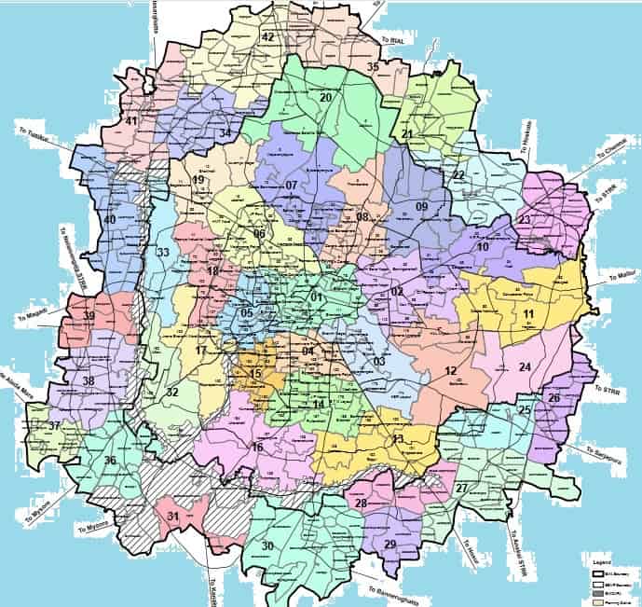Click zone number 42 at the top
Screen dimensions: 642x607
pos(268,37)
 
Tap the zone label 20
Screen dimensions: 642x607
pos(326,98)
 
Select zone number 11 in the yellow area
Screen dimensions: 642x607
pos(528,315)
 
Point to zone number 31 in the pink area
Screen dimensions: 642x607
pos(172,516)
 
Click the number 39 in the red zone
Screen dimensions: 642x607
pos(89,317)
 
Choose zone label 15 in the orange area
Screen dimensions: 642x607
pos(256,374)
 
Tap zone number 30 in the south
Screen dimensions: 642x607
pos(268,546)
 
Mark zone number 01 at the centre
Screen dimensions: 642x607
pos(316,297)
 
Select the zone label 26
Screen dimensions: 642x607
pos(554,399)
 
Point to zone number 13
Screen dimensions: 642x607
pos(398,439)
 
